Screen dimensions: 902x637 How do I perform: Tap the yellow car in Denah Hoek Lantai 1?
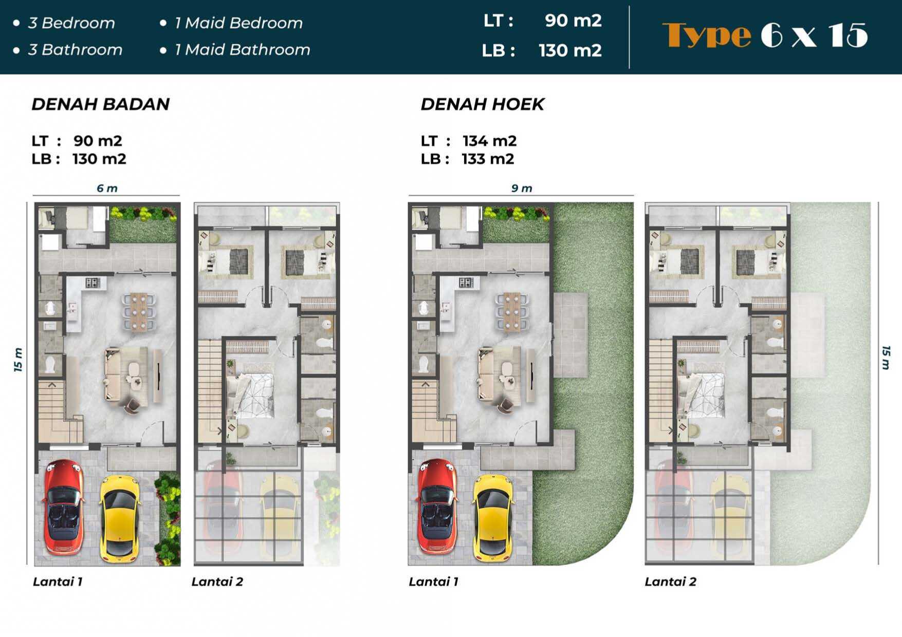coord(492,517)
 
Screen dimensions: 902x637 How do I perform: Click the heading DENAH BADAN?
coord(101,104)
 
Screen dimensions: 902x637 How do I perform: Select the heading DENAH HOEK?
coord(482,104)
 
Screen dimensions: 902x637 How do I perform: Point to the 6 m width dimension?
coord(107,189)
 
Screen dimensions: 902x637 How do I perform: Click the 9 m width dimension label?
coord(521,189)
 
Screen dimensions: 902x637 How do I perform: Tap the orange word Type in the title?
coord(707,36)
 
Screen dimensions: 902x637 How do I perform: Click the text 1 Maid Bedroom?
coord(238,23)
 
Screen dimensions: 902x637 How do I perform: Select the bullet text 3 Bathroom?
coord(75,50)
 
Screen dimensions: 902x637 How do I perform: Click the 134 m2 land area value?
coord(489,141)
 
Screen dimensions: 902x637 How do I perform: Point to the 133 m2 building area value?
coord(488,159)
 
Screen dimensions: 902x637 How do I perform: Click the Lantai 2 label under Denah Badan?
coord(217,582)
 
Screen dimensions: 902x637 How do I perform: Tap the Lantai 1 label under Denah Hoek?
coord(433,582)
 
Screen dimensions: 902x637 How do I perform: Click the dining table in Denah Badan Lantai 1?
coord(139,311)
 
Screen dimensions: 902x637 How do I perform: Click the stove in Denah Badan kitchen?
coord(93,282)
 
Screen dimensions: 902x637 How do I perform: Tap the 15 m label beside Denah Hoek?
coord(886,358)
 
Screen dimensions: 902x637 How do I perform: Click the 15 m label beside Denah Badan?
coord(18,360)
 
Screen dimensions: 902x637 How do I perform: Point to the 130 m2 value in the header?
coord(570,50)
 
